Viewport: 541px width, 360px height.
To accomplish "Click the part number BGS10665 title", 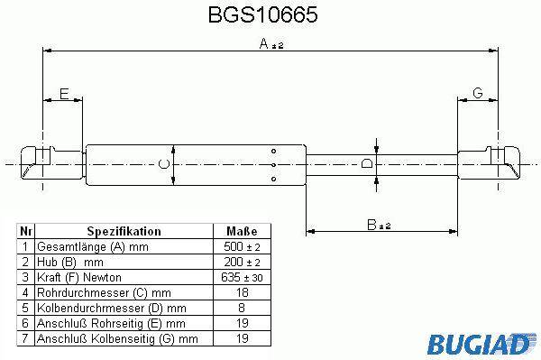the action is [x=263, y=14].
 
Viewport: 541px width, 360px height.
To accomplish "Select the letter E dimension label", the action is [x=64, y=94].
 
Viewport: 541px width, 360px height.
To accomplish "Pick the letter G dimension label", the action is [x=478, y=93].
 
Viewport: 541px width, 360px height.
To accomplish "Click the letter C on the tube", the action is [x=163, y=163].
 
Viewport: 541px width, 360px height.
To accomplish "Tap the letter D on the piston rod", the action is [x=366, y=163].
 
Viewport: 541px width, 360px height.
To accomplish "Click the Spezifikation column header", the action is [x=124, y=231].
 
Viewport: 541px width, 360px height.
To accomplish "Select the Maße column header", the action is [x=242, y=231].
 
